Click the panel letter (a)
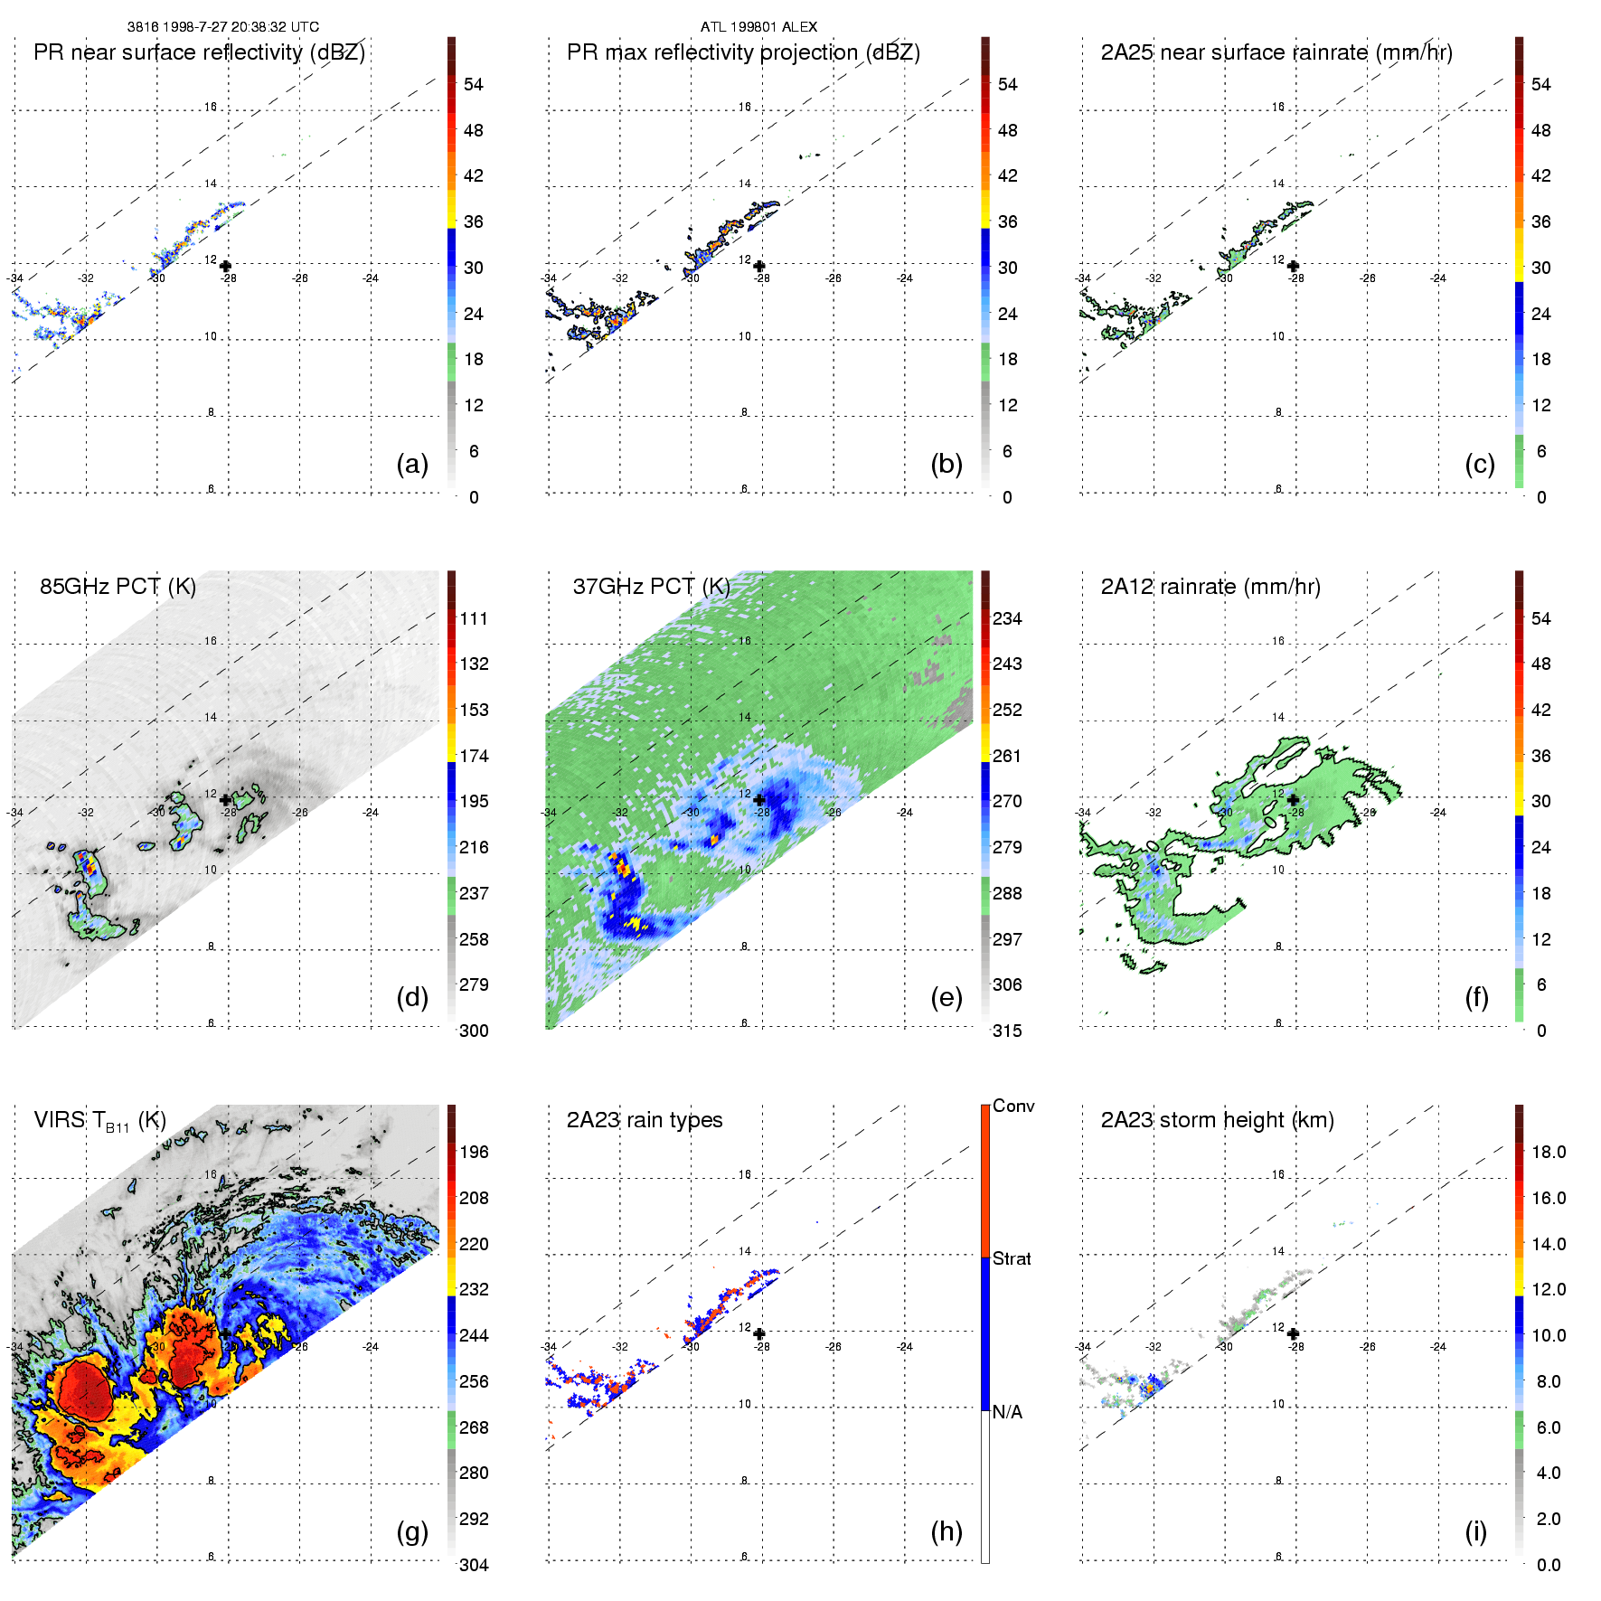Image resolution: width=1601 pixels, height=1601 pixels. coord(412,465)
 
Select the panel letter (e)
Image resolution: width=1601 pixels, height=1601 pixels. coord(946,998)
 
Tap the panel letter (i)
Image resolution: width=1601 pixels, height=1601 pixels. coord(1475,1531)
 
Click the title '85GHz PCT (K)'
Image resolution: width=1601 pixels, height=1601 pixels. coord(118,586)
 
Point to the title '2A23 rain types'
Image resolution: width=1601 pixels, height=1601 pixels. coord(644,1120)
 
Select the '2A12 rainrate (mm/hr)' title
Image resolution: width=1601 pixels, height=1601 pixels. coord(1210,586)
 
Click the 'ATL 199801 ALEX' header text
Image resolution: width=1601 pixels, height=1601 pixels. coord(758,26)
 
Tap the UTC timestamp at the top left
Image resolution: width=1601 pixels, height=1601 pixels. coord(222,26)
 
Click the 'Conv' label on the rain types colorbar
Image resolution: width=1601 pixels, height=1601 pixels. coord(1012,1106)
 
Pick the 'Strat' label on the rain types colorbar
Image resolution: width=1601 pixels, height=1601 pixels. coord(1011,1258)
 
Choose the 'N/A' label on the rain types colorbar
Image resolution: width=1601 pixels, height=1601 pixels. coord(1007,1412)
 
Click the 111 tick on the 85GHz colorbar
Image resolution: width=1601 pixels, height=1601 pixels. coord(474,618)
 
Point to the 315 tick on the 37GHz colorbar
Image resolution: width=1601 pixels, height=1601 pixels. coord(1007,1031)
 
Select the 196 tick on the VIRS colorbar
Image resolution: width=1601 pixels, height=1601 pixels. coord(474,1152)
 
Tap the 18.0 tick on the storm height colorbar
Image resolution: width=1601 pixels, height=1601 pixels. coord(1548,1152)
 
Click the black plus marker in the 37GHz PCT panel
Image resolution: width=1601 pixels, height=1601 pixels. coord(759,800)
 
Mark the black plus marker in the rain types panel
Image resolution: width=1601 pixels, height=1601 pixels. coord(759,1333)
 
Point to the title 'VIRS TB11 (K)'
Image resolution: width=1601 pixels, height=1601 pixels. coord(99,1121)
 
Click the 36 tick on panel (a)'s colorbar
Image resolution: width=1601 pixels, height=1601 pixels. coord(474,221)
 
